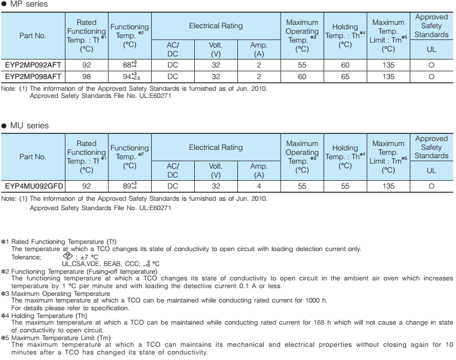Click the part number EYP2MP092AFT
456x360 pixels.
pyautogui.click(x=33, y=65)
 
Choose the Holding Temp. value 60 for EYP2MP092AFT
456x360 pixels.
pyautogui.click(x=345, y=65)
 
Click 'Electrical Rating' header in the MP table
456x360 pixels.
pyautogui.click(x=215, y=27)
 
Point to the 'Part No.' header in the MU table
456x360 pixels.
pyautogui.click(x=33, y=156)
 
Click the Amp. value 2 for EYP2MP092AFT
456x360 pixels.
pyautogui.click(x=258, y=65)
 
